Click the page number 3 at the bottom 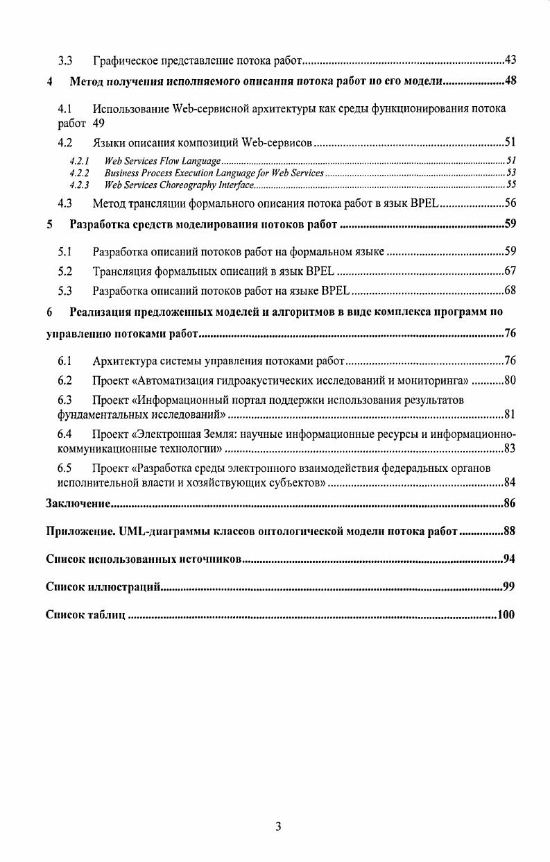(x=277, y=826)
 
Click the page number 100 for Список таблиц (x=506, y=615)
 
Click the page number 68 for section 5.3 (x=509, y=290)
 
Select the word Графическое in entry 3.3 (x=125, y=61)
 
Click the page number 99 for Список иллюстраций (x=509, y=587)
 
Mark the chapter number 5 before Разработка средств (x=49, y=225)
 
